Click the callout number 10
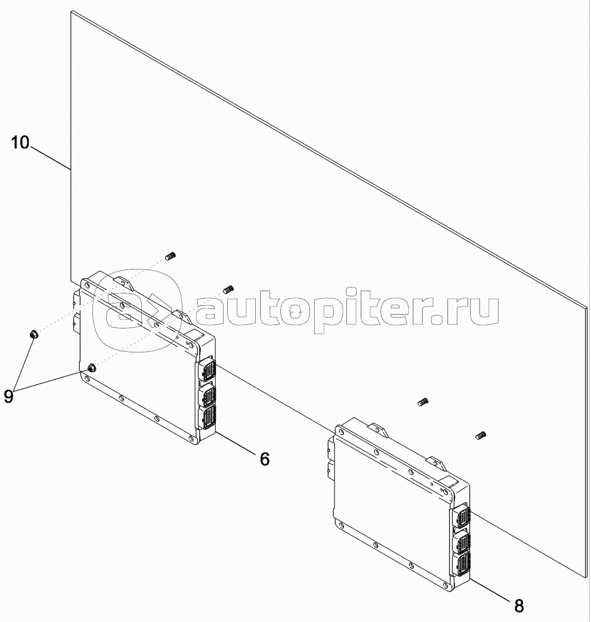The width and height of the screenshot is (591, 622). click(x=20, y=143)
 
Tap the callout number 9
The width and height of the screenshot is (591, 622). click(x=9, y=397)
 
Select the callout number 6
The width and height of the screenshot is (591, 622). click(x=265, y=459)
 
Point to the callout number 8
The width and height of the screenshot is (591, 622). click(x=519, y=606)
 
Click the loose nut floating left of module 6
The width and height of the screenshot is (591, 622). click(x=34, y=335)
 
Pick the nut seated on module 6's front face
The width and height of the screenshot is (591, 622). click(x=92, y=368)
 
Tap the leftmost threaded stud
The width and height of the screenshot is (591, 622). click(x=170, y=256)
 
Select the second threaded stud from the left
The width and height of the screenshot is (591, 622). click(x=228, y=289)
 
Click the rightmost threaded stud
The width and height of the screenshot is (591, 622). click(x=481, y=435)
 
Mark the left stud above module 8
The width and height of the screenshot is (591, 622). click(x=423, y=402)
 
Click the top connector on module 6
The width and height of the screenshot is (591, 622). click(x=206, y=370)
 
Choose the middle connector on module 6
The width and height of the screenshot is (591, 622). click(x=207, y=394)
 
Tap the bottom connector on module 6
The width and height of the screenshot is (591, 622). click(x=207, y=417)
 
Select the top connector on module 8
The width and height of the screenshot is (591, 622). click(x=460, y=517)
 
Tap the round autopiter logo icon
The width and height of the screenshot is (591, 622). click(x=137, y=311)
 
